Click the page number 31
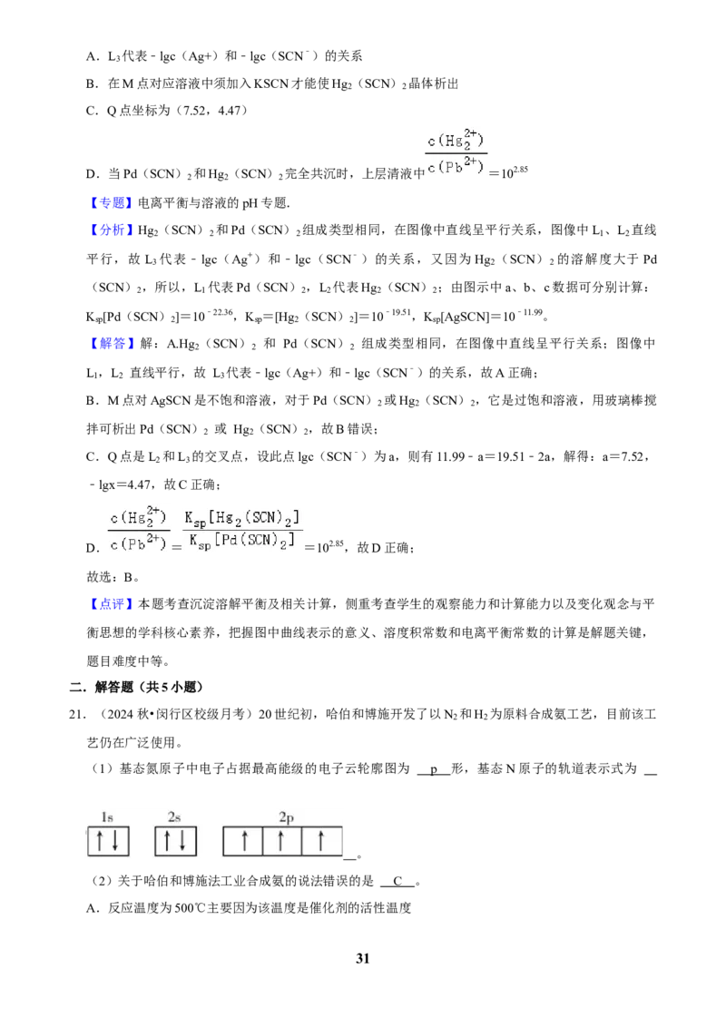point(362,958)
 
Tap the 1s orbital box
point(108,841)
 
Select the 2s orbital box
point(176,841)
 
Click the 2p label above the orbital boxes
point(287,817)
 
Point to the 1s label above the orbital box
point(107,817)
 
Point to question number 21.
point(76,715)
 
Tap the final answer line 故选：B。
point(113,577)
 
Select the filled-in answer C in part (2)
point(397,881)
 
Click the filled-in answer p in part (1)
point(434,769)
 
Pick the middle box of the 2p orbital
point(281,841)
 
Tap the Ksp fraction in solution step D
point(242,530)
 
